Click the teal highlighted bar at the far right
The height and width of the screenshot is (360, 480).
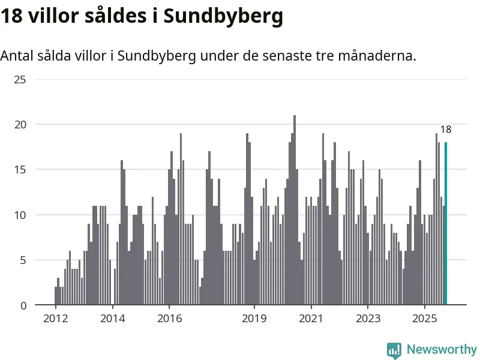click(446, 224)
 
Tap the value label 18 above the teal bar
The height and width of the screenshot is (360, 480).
click(446, 130)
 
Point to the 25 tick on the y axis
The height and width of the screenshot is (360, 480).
click(20, 79)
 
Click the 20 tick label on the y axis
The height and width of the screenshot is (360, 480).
click(20, 124)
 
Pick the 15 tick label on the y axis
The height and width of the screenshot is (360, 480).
click(20, 170)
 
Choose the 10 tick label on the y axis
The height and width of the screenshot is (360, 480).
click(20, 215)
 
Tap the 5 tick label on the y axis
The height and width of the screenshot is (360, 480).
click(22, 260)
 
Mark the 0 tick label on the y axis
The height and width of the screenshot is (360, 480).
click(22, 305)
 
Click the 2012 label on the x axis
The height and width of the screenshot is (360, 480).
click(55, 318)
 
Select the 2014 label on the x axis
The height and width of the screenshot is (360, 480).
click(112, 318)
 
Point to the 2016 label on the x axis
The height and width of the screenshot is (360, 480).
click(169, 318)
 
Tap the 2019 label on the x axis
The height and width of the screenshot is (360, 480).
click(254, 318)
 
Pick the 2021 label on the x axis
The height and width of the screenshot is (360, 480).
click(311, 318)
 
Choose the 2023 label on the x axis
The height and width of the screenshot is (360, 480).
click(368, 318)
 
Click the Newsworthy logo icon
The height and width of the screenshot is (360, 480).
click(394, 350)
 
